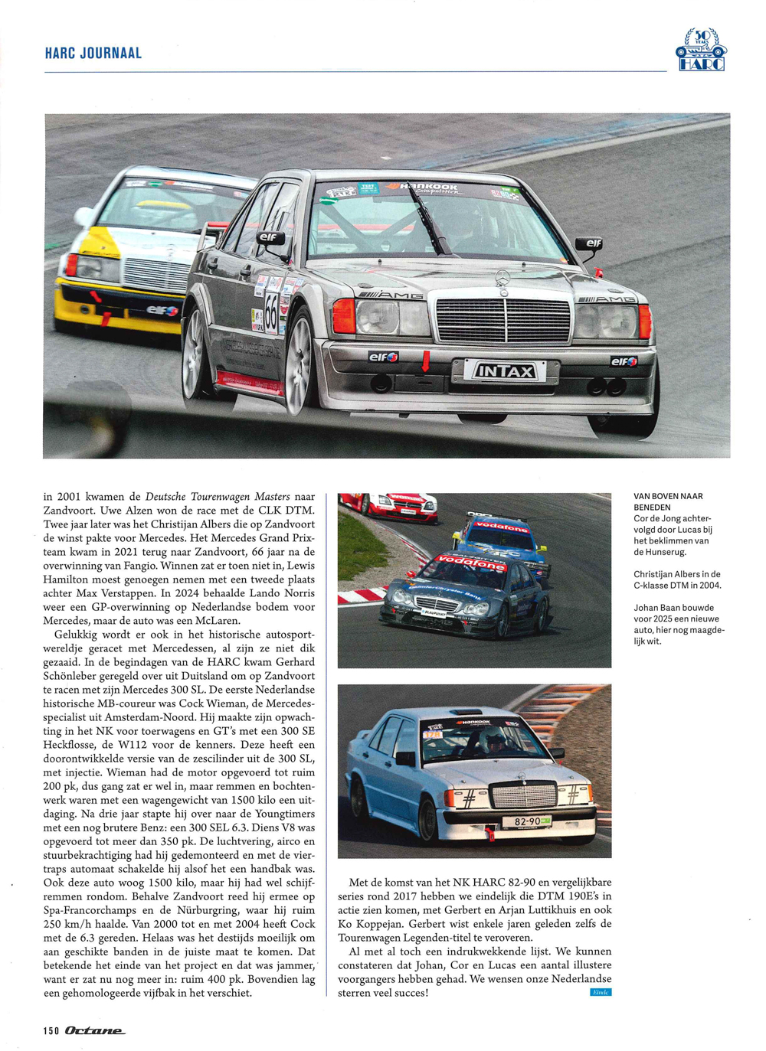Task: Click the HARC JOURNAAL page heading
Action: click(x=93, y=54)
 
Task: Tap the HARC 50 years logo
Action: click(x=701, y=50)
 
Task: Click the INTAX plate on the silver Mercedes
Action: click(x=506, y=372)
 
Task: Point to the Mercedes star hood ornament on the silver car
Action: click(x=502, y=281)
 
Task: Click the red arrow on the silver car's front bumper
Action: click(x=425, y=360)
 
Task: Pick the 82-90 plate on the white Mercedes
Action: click(x=526, y=821)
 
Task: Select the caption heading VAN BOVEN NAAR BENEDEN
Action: click(x=668, y=501)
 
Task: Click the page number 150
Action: click(x=51, y=1030)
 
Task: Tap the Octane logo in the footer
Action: click(x=94, y=1030)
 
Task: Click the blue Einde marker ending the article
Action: click(x=601, y=992)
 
